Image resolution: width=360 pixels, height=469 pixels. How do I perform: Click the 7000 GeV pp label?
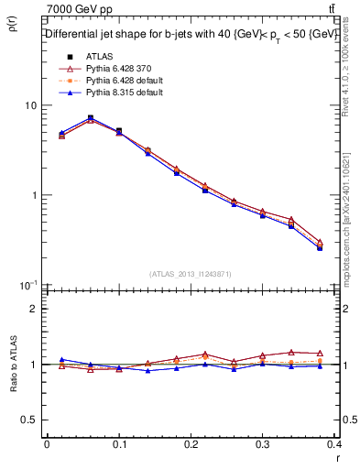80,9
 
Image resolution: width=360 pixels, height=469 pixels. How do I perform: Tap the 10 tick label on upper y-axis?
29,105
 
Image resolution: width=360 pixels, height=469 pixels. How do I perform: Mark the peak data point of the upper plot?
90,118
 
